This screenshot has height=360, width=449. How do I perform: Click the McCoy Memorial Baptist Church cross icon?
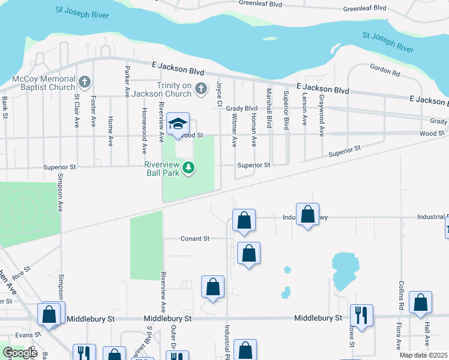85,81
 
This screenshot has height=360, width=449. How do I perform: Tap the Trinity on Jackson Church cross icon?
201,89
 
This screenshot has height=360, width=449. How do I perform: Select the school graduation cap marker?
178,124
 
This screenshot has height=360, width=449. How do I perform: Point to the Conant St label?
194,238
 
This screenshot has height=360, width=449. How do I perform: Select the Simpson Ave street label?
60,193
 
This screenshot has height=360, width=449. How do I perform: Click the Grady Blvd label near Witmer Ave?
241,108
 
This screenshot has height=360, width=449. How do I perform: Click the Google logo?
19,353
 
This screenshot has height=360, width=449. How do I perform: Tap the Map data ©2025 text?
423,355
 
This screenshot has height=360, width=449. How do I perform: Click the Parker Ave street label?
127,81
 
